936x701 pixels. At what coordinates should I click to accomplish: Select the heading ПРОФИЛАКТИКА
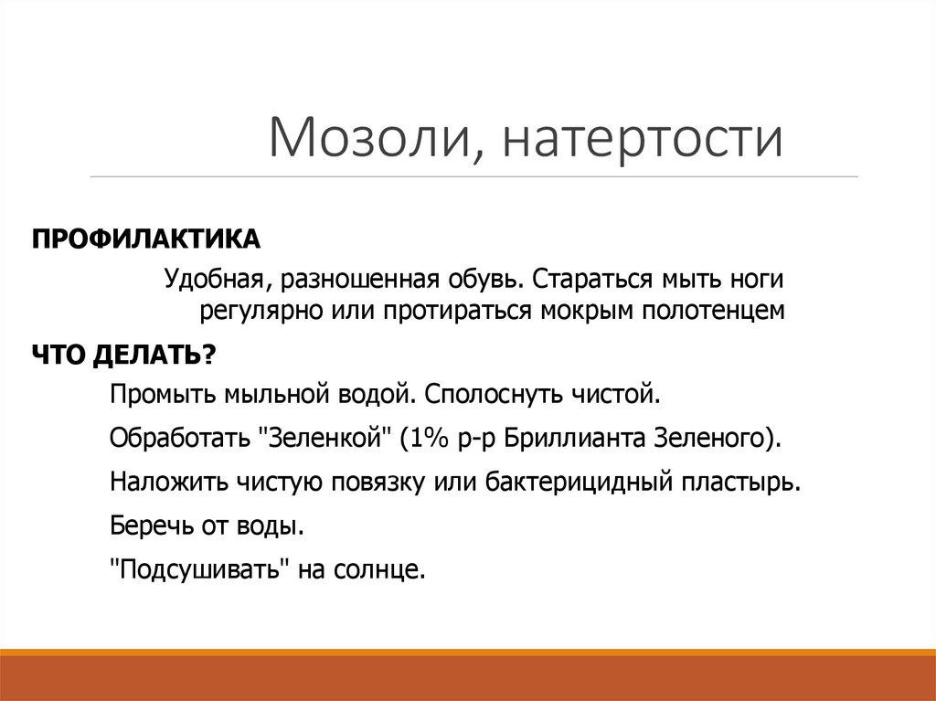[x=147, y=239]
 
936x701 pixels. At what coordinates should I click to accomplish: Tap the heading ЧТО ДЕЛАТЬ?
[x=124, y=355]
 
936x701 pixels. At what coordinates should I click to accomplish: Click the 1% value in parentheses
[x=421, y=437]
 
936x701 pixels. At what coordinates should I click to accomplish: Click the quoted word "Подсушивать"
[x=200, y=570]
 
